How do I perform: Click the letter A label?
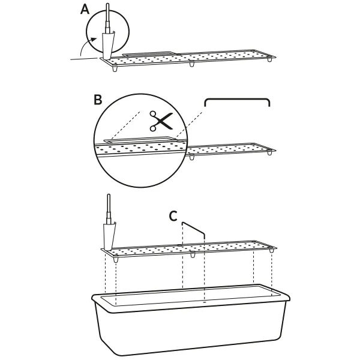(x=85, y=10)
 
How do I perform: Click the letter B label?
(x=98, y=100)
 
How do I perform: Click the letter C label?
(x=173, y=216)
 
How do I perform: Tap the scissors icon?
(x=161, y=121)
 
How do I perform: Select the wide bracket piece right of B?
(x=237, y=100)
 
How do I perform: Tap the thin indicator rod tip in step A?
(x=107, y=5)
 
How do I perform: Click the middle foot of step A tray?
(x=192, y=64)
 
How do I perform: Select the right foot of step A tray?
(x=269, y=59)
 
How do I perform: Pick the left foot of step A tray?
(x=115, y=69)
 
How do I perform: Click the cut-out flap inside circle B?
(x=139, y=140)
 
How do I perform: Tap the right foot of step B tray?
(x=269, y=152)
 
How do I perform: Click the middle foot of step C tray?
(x=193, y=254)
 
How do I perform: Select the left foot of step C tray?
(x=116, y=259)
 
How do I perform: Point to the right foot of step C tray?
(x=272, y=250)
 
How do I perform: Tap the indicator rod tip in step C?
(x=109, y=196)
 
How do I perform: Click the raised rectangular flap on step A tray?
(x=151, y=54)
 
